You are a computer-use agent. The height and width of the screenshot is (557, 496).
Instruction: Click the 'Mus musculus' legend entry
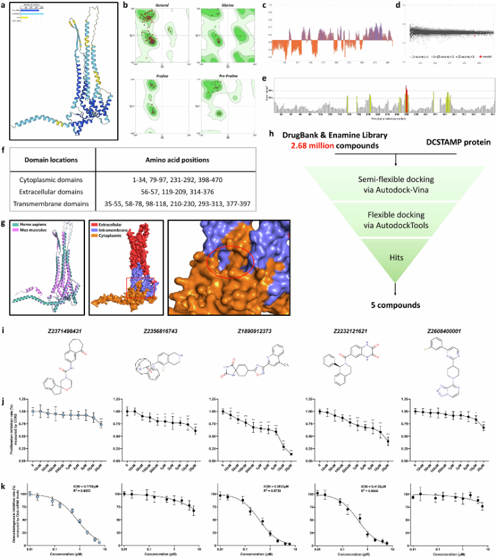[37, 228]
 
